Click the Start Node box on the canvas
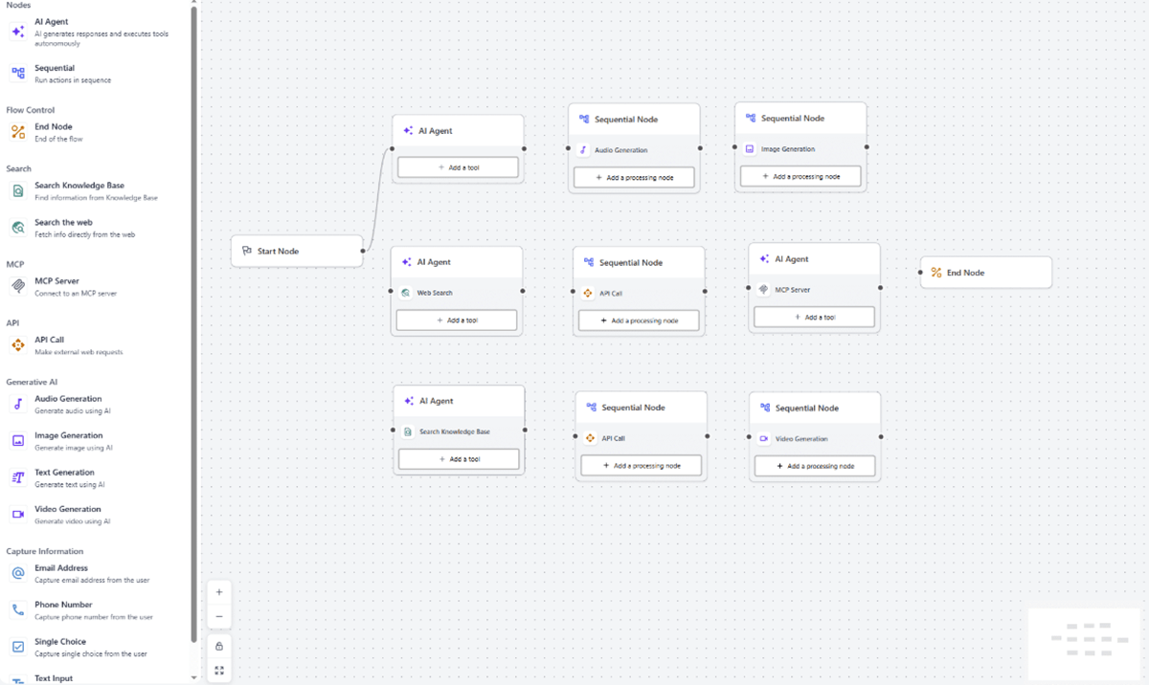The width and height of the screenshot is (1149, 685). pos(297,251)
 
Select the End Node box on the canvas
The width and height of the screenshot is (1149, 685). pos(986,273)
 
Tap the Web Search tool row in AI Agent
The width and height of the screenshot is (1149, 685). pos(457,293)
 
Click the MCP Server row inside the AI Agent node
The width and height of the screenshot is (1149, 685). pos(814,290)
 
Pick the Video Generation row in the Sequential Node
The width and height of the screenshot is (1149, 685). pos(815,438)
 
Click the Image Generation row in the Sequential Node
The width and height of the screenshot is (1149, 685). pos(800,149)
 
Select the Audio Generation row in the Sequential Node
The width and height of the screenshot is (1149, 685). pos(634,150)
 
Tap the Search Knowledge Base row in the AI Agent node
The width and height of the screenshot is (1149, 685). pos(459,431)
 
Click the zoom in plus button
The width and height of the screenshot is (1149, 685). pos(219,592)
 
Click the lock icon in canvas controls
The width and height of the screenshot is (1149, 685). pos(219,647)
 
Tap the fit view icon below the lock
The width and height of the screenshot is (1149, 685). pos(219,671)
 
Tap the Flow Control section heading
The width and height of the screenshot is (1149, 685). pos(31,110)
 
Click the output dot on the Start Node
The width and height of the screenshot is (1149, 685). pos(363,251)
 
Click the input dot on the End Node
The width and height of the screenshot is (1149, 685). pos(920,273)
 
